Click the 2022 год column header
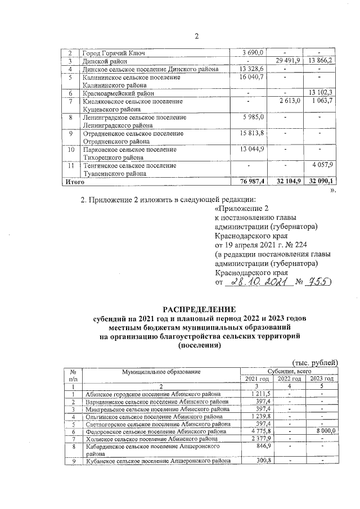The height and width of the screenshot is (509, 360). pos(290,379)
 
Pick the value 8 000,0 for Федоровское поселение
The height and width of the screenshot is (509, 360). pos(323,430)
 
